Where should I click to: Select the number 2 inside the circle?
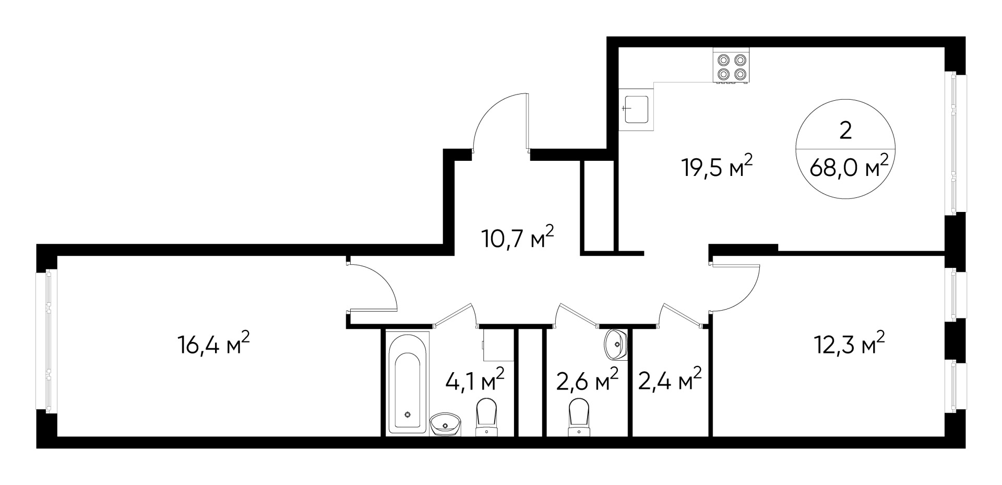coord(845,131)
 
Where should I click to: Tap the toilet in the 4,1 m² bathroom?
coord(486,417)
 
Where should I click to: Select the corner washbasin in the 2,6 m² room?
coord(616,345)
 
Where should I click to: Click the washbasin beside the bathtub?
coord(445,424)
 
